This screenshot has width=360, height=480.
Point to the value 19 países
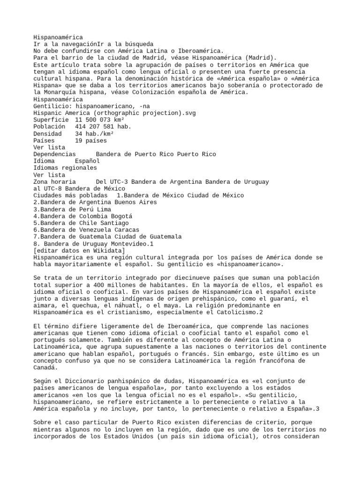(x=90, y=140)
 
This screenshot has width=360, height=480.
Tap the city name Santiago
(x=113, y=223)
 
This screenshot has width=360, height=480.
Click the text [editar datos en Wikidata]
(x=79, y=250)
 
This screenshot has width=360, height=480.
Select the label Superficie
(x=51, y=120)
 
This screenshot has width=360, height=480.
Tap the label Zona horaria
(x=54, y=181)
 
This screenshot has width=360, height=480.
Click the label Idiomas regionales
(x=65, y=168)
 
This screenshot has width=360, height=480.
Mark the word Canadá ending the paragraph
(x=45, y=367)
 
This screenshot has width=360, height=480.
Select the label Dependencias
(x=54, y=154)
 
